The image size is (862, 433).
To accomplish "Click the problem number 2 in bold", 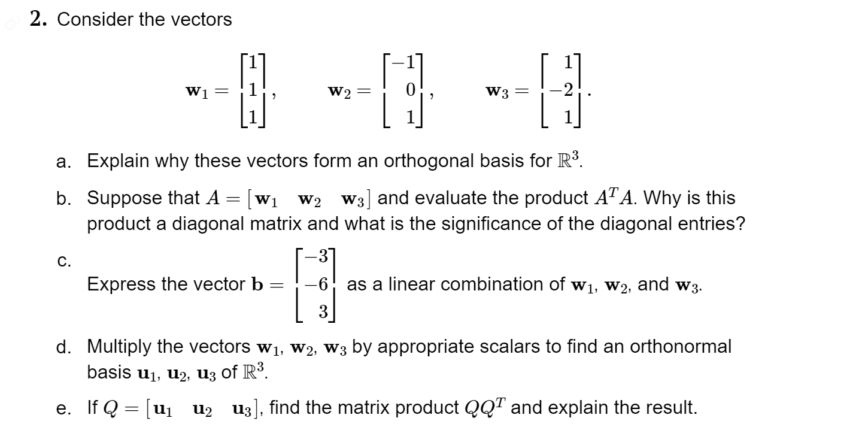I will pyautogui.click(x=40, y=20).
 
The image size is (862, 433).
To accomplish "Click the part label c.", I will pyautogui.click(x=64, y=261).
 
